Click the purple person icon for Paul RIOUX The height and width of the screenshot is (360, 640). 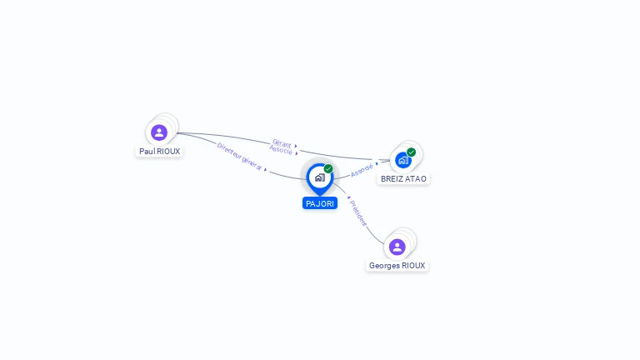[159, 132]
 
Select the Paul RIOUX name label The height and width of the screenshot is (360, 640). [159, 152]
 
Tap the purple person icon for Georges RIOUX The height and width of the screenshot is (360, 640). [397, 247]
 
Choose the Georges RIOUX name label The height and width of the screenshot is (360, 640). [397, 266]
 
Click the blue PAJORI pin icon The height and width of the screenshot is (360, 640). [319, 177]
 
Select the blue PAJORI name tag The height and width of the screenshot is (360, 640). [320, 203]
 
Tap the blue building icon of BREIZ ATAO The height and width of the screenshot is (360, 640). [403, 160]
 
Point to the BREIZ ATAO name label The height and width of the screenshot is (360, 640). [403, 178]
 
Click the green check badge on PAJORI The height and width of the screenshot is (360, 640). [328, 169]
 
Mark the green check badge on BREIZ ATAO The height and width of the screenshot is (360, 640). [411, 152]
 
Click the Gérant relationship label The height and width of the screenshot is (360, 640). [282, 143]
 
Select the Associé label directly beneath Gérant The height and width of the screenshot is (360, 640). [281, 151]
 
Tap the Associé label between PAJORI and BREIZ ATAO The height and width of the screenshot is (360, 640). [362, 170]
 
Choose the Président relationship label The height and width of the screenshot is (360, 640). [357, 213]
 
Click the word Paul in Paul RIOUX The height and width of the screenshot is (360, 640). [147, 152]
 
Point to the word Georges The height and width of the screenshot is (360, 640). [384, 266]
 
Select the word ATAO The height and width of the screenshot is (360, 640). [416, 178]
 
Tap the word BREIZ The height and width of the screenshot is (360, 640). [392, 178]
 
